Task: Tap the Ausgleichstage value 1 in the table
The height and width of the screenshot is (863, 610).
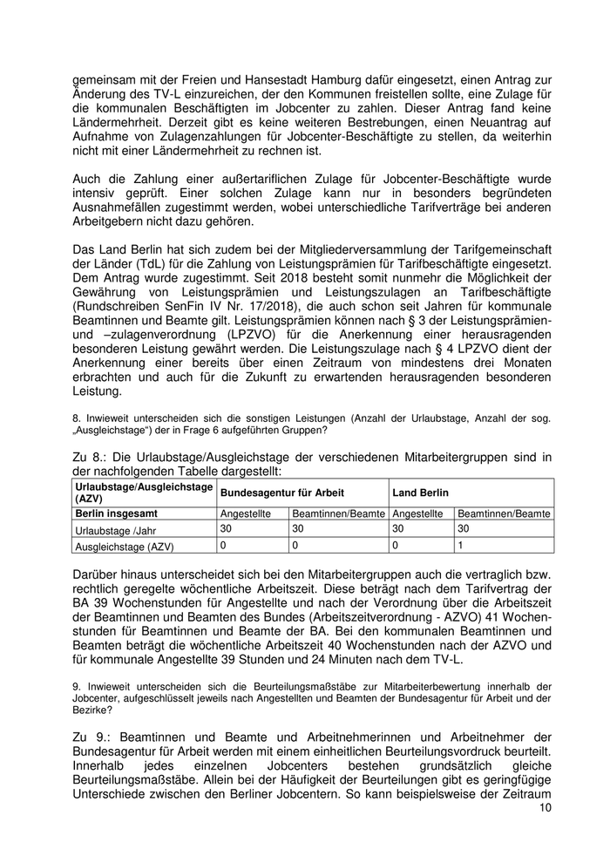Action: click(x=460, y=545)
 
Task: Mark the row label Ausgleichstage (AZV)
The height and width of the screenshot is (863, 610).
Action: click(x=125, y=547)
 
